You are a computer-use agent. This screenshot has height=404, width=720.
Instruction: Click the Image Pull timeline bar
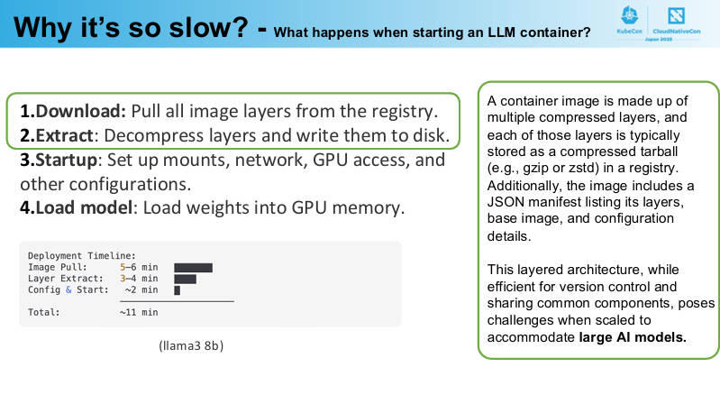click(194, 268)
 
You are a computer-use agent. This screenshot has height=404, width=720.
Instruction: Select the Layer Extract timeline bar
click(185, 279)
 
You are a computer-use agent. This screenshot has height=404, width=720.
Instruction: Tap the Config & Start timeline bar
click(178, 290)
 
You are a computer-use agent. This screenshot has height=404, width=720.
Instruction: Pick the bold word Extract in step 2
click(65, 135)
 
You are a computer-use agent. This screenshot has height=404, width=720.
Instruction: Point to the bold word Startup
click(67, 160)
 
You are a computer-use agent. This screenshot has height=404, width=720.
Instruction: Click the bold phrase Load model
click(84, 207)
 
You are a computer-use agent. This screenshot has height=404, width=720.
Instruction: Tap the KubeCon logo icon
click(629, 16)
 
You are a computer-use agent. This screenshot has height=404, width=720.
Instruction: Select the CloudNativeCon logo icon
click(676, 15)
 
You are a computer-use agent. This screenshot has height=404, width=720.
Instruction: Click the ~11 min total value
click(139, 313)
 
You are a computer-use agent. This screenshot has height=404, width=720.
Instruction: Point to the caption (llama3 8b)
click(191, 345)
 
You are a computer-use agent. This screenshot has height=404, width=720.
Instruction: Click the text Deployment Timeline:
click(82, 256)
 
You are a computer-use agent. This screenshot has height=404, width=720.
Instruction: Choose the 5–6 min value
click(139, 268)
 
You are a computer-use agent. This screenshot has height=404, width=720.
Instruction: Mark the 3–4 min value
click(139, 279)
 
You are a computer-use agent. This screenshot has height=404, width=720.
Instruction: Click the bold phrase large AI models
click(633, 337)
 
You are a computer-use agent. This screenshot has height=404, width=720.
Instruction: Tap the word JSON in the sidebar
click(506, 202)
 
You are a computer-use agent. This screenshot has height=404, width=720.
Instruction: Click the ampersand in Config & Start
click(68, 290)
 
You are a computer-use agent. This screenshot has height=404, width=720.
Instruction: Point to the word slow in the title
click(208, 28)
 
